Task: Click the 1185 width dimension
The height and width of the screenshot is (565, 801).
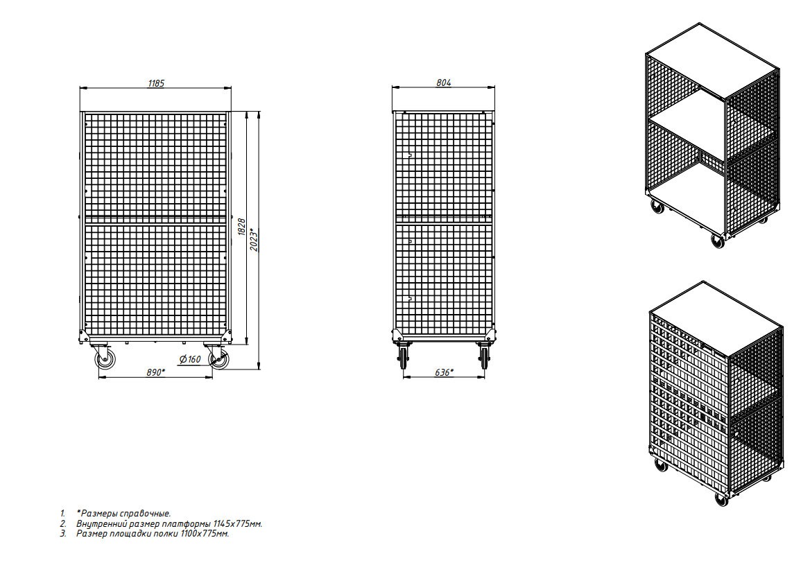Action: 156,83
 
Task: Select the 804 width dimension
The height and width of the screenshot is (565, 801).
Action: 443,82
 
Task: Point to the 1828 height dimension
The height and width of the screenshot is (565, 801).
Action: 242,226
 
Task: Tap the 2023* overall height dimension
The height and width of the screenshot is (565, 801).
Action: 254,239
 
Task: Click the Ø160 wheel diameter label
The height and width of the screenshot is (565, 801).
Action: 190,359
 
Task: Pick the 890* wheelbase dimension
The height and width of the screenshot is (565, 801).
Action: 156,372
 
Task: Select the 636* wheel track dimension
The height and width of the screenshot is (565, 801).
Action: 444,372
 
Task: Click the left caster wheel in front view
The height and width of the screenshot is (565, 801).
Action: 105,359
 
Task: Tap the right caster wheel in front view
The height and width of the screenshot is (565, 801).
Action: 219,359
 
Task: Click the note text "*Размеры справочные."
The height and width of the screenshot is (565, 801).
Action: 123,514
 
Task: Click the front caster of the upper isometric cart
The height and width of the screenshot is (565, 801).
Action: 718,241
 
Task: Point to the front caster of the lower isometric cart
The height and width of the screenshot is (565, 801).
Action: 721,499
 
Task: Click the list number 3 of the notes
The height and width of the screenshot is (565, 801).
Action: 63,534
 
